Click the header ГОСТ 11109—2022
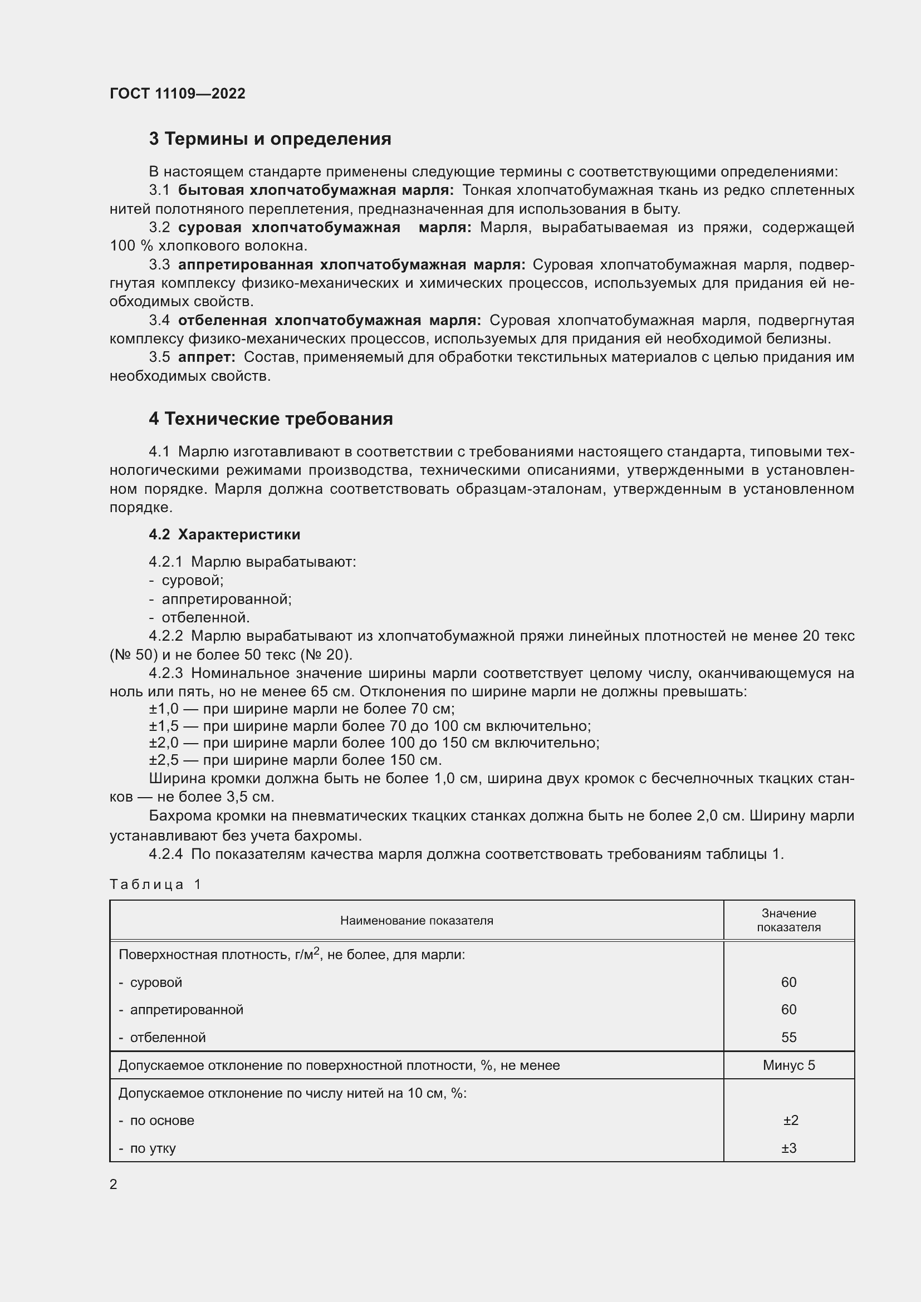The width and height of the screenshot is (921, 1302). coord(177,94)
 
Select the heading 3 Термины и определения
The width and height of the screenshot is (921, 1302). coord(270,139)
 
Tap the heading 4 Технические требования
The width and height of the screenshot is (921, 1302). coord(271,419)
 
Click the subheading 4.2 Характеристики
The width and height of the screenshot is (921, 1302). coord(224,534)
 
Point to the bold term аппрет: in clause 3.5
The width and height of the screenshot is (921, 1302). coord(207,357)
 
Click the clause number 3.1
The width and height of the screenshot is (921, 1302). coord(159,190)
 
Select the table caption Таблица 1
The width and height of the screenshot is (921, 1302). coord(155,884)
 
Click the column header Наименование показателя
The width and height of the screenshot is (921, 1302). coord(417,920)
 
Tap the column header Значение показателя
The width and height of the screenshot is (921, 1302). coord(788,920)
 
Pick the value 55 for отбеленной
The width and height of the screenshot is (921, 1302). coord(788,1037)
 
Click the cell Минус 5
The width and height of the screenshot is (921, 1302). coord(788,1065)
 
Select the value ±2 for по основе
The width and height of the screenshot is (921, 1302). coord(790,1120)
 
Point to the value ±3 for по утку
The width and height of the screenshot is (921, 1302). coord(789,1148)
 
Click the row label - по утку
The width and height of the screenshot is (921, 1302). coord(148,1148)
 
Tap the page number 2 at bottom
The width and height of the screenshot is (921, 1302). coord(114,1184)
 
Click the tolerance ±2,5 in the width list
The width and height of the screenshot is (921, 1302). coord(163,760)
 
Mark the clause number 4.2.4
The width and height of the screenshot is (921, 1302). coord(165,854)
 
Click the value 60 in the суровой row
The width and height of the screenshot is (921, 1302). coord(788,982)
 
